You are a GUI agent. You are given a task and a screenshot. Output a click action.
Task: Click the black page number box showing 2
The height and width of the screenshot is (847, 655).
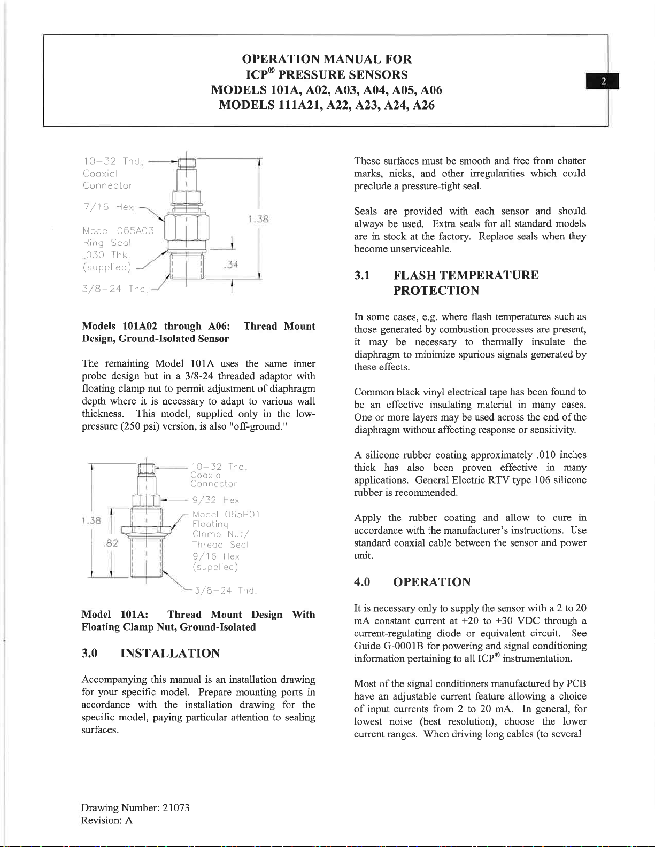click(x=603, y=81)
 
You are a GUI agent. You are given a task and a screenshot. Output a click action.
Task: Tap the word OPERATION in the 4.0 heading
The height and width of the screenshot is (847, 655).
click(x=431, y=582)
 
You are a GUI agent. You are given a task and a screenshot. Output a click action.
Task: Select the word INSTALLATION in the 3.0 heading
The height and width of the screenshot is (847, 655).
click(x=170, y=653)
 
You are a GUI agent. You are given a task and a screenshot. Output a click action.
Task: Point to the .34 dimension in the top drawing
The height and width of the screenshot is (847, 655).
click(x=231, y=265)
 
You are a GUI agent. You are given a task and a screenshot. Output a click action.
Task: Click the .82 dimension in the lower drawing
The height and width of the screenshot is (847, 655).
click(x=111, y=543)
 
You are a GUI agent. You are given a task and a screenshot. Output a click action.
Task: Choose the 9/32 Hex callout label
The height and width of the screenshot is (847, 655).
click(x=215, y=500)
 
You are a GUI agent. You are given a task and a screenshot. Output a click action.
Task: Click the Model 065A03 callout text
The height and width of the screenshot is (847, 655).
click(x=118, y=231)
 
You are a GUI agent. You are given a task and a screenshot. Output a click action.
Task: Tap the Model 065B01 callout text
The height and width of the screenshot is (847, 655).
click(x=226, y=514)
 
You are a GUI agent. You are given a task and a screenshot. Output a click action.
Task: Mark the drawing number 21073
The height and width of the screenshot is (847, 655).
click(x=176, y=807)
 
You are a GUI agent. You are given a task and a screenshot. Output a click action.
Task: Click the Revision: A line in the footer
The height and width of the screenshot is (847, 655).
click(x=107, y=820)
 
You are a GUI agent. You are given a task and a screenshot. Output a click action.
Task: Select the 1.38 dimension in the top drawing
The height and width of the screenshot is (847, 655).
click(x=258, y=219)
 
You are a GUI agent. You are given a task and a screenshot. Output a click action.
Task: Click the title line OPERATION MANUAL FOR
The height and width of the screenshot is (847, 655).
click(x=327, y=59)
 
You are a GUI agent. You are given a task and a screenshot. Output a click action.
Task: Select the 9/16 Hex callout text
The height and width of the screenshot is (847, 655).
click(x=215, y=556)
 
